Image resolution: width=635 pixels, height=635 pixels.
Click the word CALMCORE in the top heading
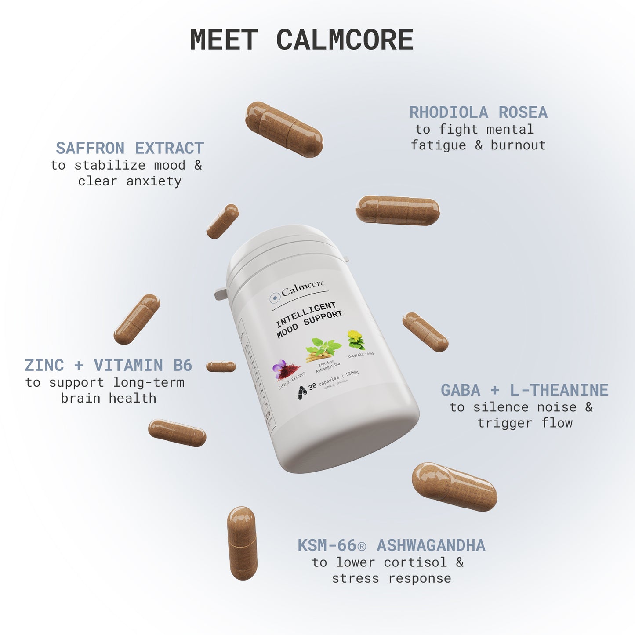tap(345, 40)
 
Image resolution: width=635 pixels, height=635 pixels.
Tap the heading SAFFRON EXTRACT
tap(130, 148)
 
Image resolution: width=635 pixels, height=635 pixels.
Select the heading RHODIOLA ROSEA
tap(478, 112)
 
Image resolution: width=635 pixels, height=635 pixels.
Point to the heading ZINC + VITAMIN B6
tap(108, 365)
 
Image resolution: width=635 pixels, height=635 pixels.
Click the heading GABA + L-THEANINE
tap(524, 390)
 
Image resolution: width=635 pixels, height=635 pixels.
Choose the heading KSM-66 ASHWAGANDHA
tap(391, 545)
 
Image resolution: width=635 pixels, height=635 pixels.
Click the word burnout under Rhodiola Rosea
tap(518, 145)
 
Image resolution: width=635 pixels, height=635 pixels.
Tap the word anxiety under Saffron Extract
tap(154, 181)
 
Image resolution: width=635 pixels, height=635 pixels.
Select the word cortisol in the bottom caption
tap(415, 562)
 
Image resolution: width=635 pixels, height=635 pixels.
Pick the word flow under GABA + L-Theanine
tap(557, 423)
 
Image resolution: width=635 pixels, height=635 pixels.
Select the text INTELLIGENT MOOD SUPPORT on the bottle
tap(308, 319)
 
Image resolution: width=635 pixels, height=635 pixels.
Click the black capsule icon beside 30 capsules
tap(302, 392)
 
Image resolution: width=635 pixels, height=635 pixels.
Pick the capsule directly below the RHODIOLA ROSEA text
tap(397, 210)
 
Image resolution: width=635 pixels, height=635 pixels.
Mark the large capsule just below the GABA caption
tap(454, 486)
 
